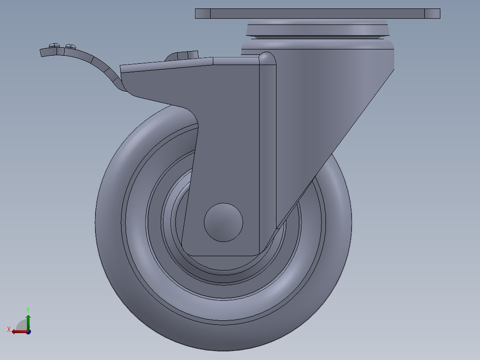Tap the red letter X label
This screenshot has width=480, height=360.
click(x=9, y=329)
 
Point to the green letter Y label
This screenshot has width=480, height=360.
click(x=28, y=309)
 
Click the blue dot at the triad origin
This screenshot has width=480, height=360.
click(x=28, y=332)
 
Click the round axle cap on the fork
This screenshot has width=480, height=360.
click(x=223, y=222)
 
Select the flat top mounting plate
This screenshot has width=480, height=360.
click(x=317, y=13)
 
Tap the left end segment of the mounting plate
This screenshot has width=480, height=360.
click(x=203, y=13)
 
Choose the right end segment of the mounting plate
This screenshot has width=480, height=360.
click(x=432, y=13)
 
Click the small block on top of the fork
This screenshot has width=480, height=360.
click(x=183, y=56)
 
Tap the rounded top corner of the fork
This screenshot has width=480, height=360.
click(x=267, y=58)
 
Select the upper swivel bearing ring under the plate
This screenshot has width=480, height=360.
click(x=318, y=29)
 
